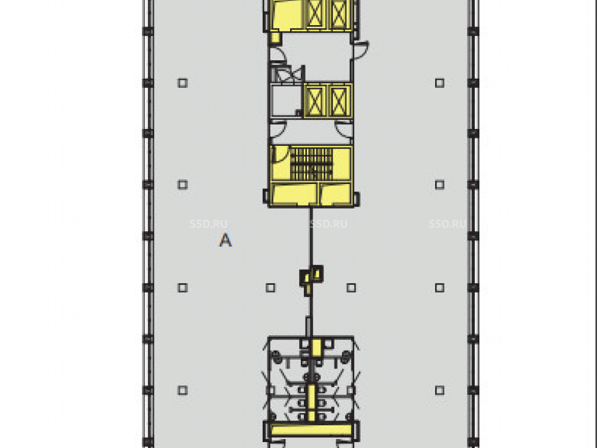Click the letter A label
[226, 240]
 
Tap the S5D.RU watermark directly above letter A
[208, 224]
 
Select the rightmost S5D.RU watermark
[448, 224]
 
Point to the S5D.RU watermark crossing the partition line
[328, 224]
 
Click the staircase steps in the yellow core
[312, 164]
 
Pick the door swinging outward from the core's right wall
[361, 50]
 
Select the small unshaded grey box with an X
[283, 74]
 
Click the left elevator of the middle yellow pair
[315, 101]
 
